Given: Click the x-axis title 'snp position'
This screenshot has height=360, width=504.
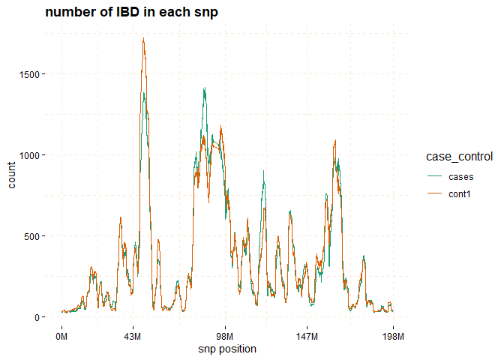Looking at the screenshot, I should (227, 349).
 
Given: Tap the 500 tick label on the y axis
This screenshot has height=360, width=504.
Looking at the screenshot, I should (34, 236).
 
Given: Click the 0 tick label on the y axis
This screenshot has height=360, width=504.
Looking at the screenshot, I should (40, 317).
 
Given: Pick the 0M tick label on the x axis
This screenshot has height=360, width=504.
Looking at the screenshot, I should (62, 334).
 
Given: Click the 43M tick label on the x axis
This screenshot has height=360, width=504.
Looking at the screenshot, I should (133, 334).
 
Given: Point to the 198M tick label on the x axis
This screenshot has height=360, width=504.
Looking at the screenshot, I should (394, 334).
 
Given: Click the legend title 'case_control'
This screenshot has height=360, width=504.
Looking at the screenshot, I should (459, 157).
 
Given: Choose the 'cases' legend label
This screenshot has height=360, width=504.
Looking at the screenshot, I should (460, 177).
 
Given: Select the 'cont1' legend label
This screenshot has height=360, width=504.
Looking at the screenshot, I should (460, 195).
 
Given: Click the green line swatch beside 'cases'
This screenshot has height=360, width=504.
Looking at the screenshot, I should (435, 177).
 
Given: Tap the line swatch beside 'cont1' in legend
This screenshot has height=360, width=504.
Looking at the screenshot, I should (435, 195).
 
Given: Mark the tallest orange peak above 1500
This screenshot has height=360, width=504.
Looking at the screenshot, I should (143, 39).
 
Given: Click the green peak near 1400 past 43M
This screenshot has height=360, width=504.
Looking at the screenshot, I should (204, 88).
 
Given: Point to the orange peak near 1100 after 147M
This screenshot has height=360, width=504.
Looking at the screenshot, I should (335, 140).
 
